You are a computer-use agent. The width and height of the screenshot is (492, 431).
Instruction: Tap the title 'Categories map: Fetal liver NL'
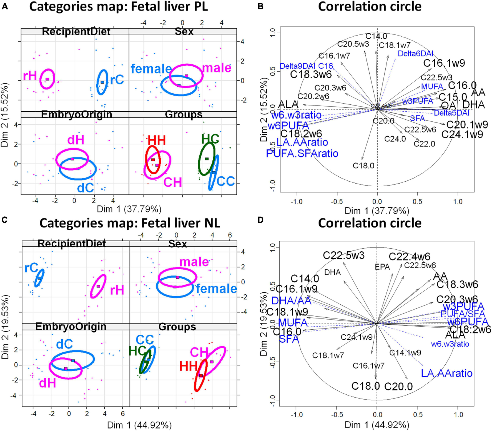(130, 223)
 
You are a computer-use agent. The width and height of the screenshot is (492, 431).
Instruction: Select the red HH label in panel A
(157, 141)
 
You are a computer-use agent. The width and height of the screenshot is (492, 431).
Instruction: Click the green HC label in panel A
(210, 139)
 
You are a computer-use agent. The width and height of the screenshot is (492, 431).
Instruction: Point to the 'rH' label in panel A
(30, 76)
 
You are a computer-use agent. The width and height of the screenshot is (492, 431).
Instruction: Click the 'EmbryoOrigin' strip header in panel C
(71, 327)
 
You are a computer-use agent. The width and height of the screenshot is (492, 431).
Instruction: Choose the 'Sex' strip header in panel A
(184, 31)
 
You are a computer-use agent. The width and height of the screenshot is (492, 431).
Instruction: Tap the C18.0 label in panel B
(363, 166)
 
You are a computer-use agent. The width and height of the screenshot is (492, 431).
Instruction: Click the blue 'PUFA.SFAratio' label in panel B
(302, 154)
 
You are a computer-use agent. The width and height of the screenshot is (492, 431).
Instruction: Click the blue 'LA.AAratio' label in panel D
(446, 373)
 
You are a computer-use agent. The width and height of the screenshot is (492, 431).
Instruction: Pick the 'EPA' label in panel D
(382, 267)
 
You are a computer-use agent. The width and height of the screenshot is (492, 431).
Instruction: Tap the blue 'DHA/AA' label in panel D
(291, 300)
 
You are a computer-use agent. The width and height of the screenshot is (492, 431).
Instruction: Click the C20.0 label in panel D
(398, 386)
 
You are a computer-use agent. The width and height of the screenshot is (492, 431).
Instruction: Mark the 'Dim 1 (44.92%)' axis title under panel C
(139, 425)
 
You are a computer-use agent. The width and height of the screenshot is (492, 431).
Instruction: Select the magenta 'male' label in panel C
(194, 262)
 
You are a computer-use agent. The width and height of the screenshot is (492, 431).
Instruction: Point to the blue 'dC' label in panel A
(86, 188)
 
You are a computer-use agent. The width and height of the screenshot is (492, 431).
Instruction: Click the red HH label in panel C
(188, 367)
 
